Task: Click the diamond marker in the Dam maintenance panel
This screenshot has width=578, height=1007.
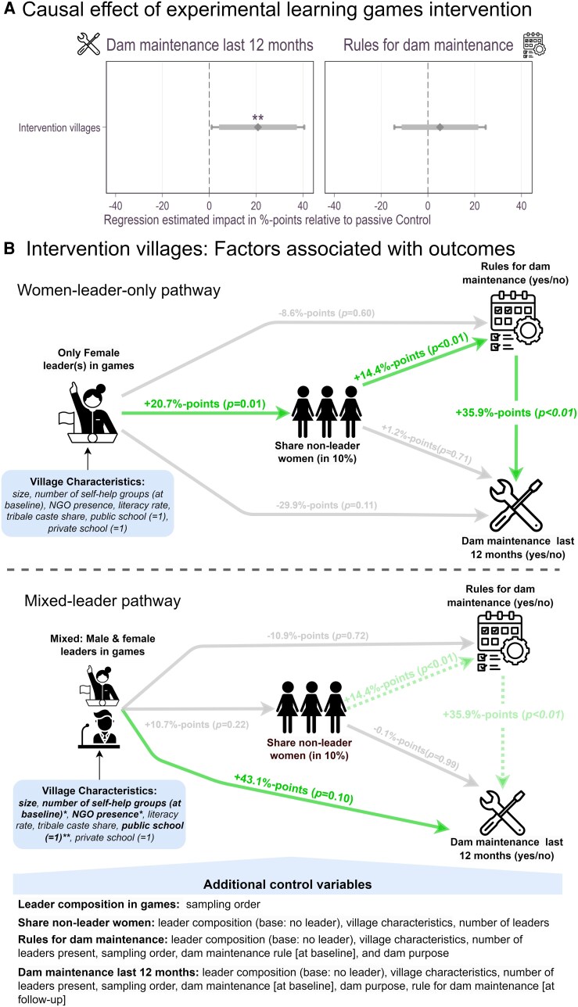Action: pyautogui.click(x=258, y=127)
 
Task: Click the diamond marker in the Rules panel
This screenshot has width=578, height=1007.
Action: pyautogui.click(x=440, y=127)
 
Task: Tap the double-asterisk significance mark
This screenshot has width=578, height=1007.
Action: pyautogui.click(x=258, y=118)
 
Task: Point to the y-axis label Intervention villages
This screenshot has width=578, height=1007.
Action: pyautogui.click(x=59, y=127)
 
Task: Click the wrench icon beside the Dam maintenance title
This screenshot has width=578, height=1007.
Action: pyautogui.click(x=88, y=45)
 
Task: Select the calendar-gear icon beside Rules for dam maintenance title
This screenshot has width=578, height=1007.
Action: pyautogui.click(x=534, y=45)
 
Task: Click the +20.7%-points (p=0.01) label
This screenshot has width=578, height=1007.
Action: pyautogui.click(x=205, y=403)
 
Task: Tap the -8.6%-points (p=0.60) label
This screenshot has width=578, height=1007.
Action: pyautogui.click(x=326, y=313)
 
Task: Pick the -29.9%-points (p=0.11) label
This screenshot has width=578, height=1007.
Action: pyautogui.click(x=327, y=505)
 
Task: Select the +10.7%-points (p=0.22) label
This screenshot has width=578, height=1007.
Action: pyautogui.click(x=196, y=725)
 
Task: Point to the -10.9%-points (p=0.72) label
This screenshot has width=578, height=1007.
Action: pyautogui.click(x=318, y=636)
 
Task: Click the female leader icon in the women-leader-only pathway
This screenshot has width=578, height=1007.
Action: pyautogui.click(x=88, y=412)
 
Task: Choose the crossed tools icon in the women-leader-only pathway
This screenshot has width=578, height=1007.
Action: pyautogui.click(x=516, y=505)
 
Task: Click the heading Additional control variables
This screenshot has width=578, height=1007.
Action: pyautogui.click(x=287, y=884)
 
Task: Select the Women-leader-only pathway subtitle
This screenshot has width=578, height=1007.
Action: pyautogui.click(x=119, y=290)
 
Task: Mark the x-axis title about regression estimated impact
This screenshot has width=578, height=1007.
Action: pyautogui.click(x=267, y=220)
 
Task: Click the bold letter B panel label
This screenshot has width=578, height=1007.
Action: pyautogui.click(x=9, y=248)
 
